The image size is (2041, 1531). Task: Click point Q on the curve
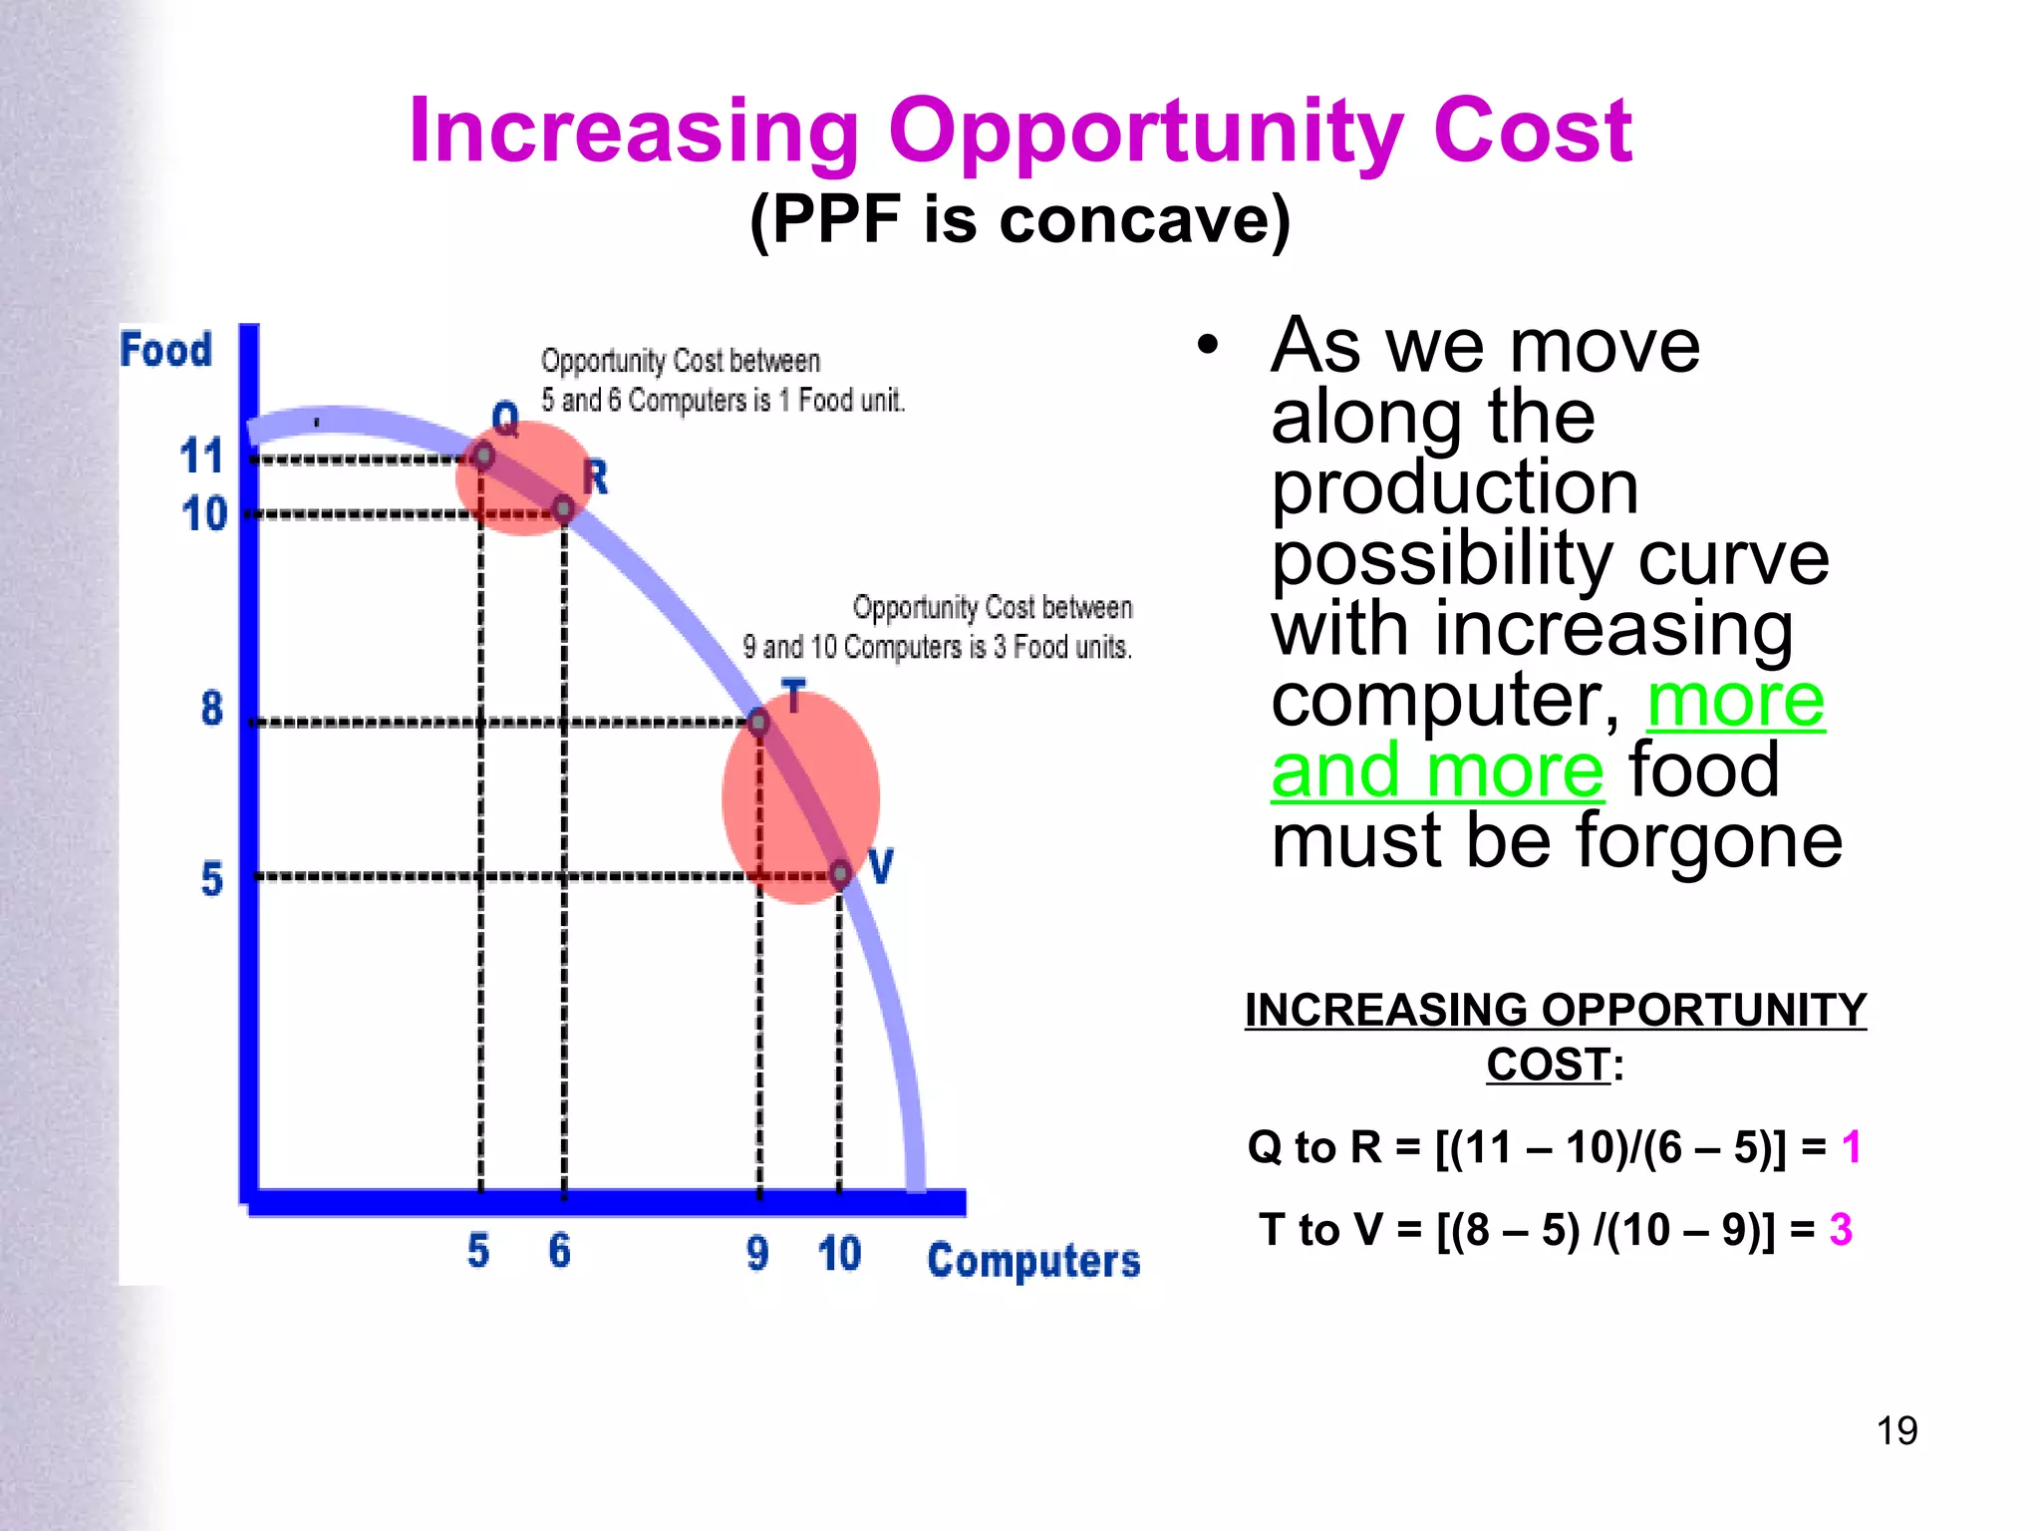point(483,457)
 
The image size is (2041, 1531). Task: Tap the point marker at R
point(563,509)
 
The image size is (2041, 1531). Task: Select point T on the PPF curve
point(758,722)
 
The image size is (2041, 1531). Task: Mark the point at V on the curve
point(840,874)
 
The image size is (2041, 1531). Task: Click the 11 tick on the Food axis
point(201,457)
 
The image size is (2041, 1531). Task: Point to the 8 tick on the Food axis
point(211,709)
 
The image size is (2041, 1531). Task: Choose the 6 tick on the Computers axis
point(560,1251)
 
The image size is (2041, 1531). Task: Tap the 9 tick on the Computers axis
point(757,1253)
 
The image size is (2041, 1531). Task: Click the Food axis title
point(165,350)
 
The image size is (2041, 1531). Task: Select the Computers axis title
point(1033,1261)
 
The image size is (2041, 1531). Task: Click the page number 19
point(1896,1431)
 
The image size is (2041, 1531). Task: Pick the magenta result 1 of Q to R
point(1852,1147)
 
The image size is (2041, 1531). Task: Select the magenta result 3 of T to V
point(1841,1230)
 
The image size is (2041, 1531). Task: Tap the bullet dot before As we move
point(1209,346)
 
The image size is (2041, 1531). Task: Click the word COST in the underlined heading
point(1548,1066)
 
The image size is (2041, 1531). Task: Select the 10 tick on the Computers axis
point(839,1253)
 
